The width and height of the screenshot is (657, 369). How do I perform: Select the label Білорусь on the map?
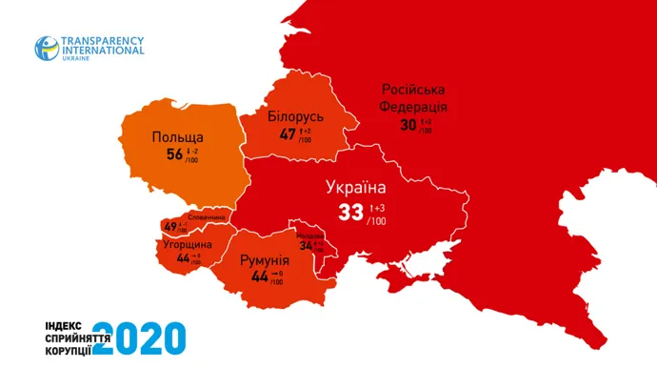(x=295, y=116)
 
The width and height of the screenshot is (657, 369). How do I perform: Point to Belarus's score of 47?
(x=288, y=134)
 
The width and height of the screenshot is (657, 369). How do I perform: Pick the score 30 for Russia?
(x=408, y=124)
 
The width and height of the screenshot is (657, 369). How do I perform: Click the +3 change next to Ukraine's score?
(x=378, y=207)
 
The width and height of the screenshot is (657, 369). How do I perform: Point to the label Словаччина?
(x=207, y=217)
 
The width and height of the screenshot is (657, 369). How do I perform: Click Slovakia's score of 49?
(x=170, y=227)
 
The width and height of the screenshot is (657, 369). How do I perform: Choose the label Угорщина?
(x=180, y=244)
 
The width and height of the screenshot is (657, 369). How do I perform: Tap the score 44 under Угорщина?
(x=183, y=258)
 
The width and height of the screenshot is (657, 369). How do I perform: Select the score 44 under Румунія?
(x=259, y=277)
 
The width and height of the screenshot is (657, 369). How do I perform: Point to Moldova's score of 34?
(x=306, y=245)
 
